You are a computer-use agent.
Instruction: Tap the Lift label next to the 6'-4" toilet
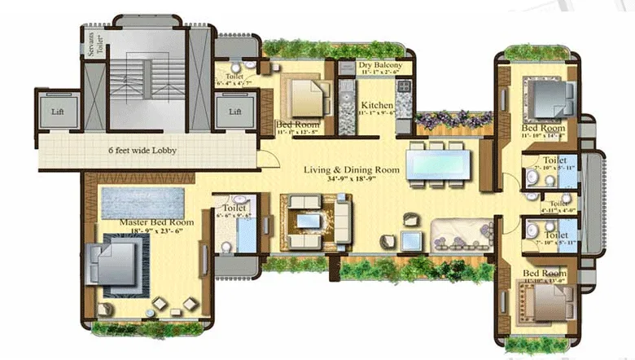pos(235,112)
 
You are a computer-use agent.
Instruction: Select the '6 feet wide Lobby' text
pos(143,151)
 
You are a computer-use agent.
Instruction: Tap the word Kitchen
pos(378,106)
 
